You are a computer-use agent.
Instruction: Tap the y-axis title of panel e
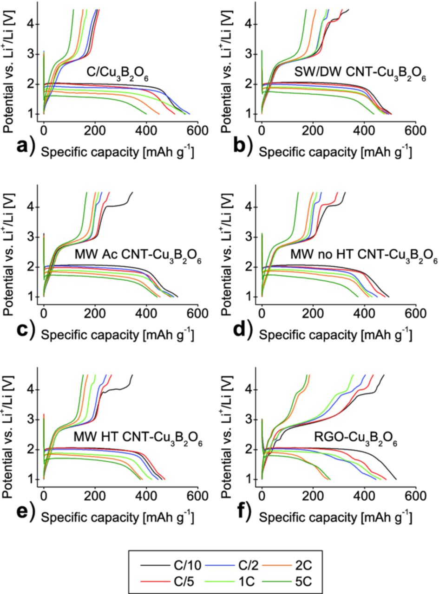click(9, 427)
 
